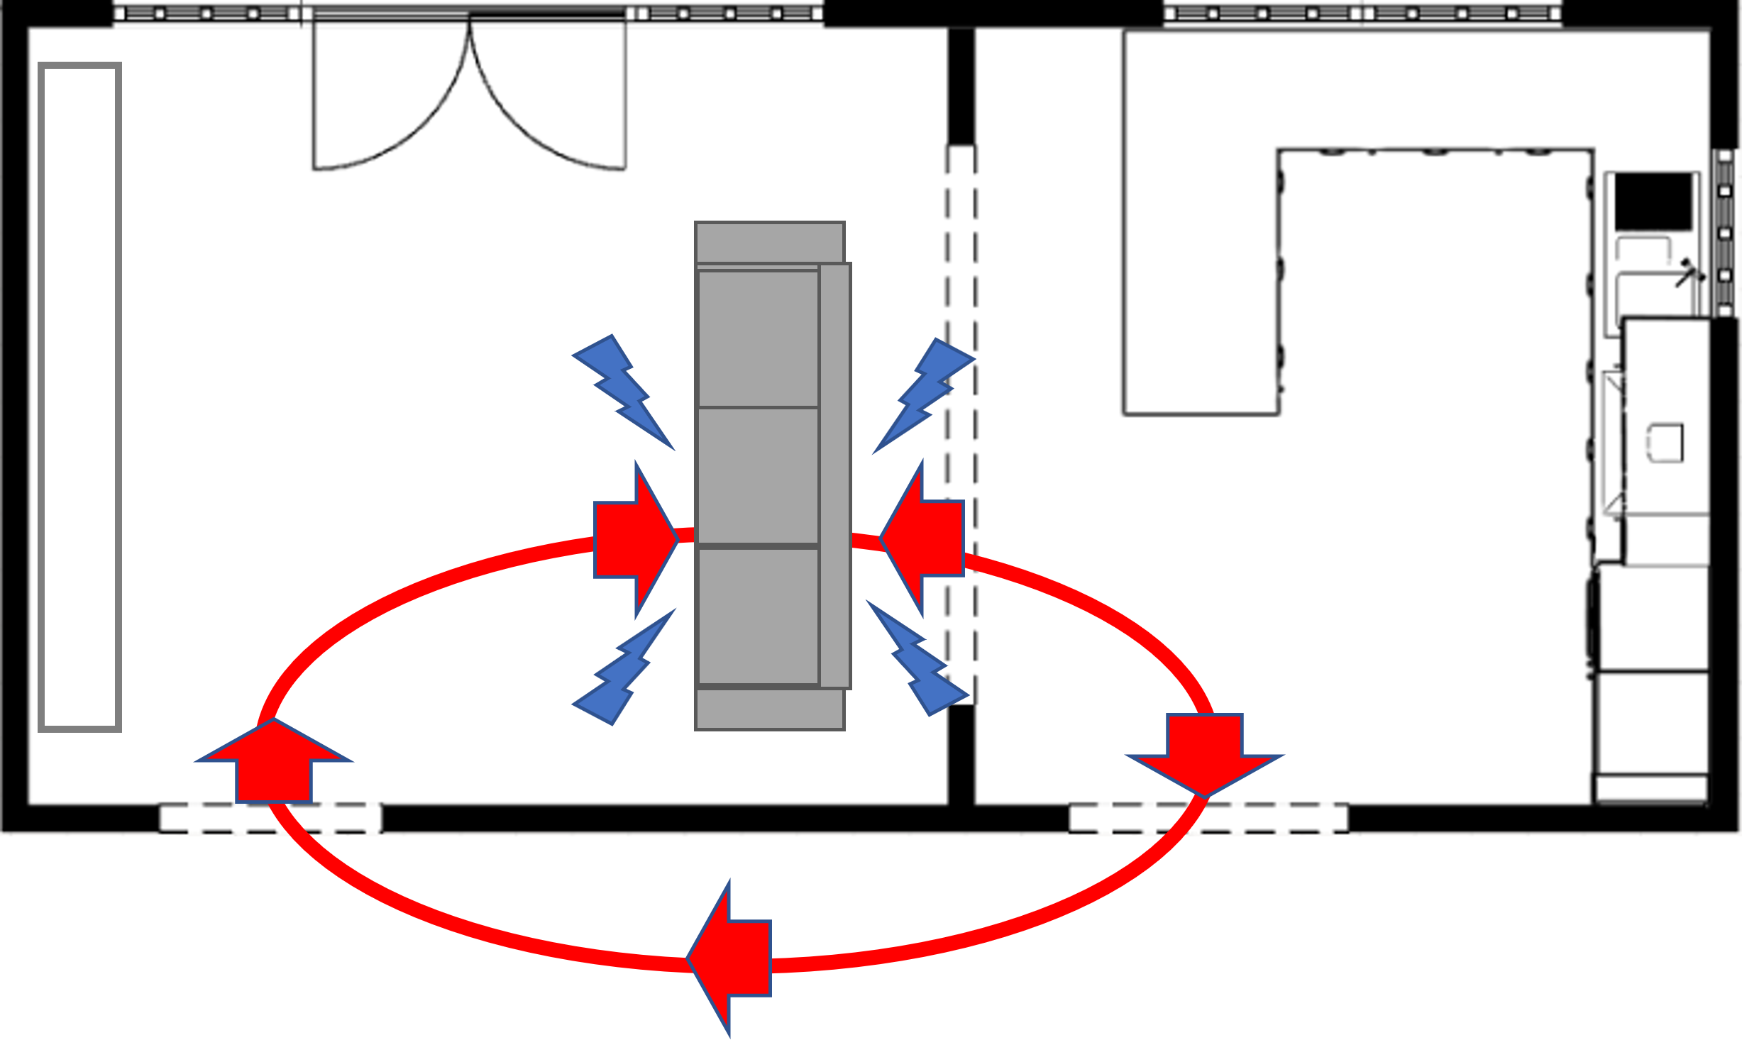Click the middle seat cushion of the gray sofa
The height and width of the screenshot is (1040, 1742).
(758, 475)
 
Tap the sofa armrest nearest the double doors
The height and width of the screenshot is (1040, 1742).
(769, 242)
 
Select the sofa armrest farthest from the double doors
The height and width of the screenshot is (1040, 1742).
(769, 709)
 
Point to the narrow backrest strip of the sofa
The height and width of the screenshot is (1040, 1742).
(835, 475)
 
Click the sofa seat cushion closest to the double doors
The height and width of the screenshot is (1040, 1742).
(758, 338)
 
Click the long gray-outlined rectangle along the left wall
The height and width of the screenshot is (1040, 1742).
(79, 397)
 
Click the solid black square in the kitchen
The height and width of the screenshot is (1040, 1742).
(1653, 201)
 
